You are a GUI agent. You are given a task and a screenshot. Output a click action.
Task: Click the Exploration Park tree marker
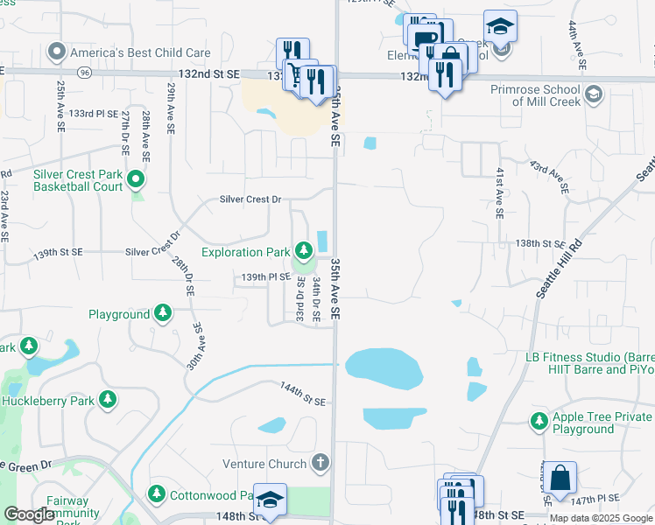tap(304, 252)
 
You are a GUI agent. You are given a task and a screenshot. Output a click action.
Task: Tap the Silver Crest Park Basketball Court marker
tap(136, 180)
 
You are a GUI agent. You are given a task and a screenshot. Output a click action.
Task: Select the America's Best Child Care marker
tap(58, 52)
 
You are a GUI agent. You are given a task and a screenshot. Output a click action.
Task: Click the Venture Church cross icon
tap(321, 462)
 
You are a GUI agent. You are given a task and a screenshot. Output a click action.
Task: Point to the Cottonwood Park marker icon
tap(157, 493)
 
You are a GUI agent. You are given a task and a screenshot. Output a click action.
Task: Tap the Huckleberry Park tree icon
tap(108, 401)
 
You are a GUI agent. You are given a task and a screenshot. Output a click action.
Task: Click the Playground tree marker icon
tap(162, 313)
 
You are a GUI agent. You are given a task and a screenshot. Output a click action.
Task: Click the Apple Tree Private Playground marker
tap(538, 422)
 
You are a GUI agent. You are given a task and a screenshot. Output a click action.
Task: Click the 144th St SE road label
tap(302, 393)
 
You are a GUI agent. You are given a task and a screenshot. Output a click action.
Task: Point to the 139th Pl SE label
tap(266, 276)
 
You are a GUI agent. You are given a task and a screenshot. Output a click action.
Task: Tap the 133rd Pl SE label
tap(94, 114)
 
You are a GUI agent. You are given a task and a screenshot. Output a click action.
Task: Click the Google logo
tap(30, 514)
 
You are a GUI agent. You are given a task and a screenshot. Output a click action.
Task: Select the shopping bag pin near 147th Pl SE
tap(561, 478)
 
